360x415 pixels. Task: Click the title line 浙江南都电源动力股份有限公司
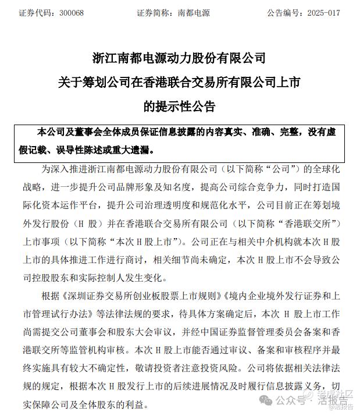[179, 58]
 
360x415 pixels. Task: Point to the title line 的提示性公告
[179, 107]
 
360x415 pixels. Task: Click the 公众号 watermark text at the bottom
[287, 401]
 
